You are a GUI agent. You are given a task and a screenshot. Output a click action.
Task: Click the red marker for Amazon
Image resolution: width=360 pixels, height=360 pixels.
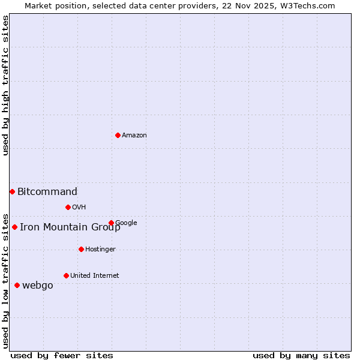(x=118, y=135)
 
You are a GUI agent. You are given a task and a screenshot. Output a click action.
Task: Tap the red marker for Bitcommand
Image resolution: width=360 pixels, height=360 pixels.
(x=12, y=191)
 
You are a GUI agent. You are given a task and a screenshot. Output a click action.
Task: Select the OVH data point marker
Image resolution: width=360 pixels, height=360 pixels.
(x=68, y=207)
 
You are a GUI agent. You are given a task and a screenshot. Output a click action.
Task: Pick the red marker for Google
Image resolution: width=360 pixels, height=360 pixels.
(x=111, y=223)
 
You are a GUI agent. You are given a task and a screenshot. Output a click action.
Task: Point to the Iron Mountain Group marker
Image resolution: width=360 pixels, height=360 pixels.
(x=14, y=227)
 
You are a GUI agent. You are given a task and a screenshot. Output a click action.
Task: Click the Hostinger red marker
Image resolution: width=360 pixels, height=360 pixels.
(x=81, y=249)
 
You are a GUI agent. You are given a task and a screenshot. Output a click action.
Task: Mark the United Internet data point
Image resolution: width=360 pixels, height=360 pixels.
(x=66, y=275)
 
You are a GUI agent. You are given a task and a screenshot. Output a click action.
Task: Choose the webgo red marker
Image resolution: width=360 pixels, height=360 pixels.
(x=17, y=285)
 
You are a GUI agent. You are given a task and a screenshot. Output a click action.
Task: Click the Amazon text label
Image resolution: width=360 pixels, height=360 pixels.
(x=134, y=136)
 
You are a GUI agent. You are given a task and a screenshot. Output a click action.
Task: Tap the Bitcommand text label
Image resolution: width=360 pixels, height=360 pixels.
(x=47, y=192)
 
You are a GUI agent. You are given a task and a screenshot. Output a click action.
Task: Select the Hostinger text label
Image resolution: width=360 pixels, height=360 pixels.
(x=100, y=250)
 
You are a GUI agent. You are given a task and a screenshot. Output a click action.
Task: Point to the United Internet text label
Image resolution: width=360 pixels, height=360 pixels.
(x=95, y=276)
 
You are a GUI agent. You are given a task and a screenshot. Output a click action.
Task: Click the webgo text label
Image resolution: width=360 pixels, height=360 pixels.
(x=38, y=286)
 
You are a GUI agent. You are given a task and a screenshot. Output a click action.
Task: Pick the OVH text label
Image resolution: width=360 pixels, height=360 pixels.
(x=79, y=208)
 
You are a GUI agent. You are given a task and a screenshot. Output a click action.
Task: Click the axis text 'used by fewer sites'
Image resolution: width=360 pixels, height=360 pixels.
(x=62, y=356)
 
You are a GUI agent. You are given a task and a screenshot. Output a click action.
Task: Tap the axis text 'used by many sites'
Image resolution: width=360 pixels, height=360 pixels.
(x=301, y=356)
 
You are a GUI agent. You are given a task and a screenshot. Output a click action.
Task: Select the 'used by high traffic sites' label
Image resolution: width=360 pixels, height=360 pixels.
(x=6, y=86)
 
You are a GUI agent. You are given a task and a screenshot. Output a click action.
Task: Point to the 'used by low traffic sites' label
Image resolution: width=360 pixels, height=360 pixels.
(x=6, y=280)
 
